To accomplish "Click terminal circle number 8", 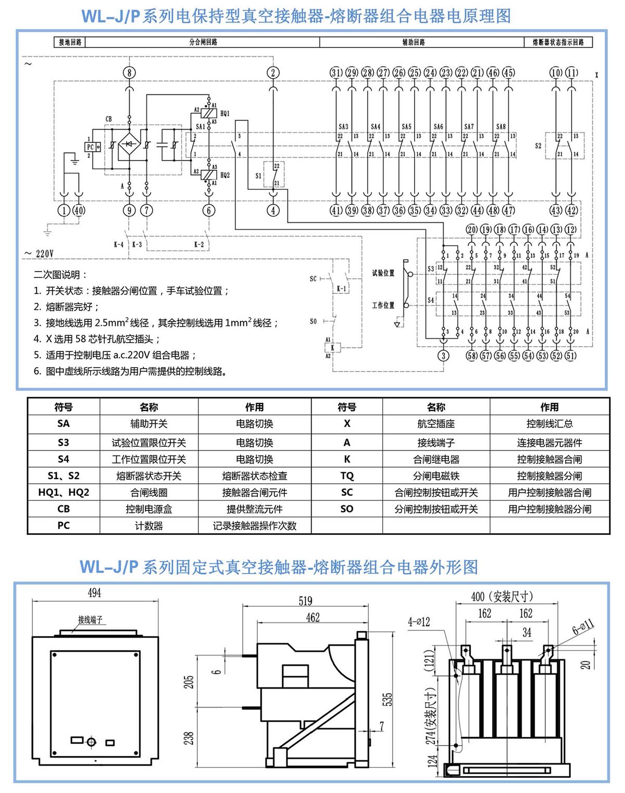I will point(130,73).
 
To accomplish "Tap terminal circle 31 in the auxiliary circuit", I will point(336,73).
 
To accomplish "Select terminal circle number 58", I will point(472,356).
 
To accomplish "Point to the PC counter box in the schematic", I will point(90,148).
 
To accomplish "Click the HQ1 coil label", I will point(225,113).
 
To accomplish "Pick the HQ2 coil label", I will point(225,175).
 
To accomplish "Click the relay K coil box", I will point(332,348).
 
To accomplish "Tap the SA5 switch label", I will point(406,127).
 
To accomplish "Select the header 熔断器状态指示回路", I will point(558,42).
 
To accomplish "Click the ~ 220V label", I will point(39,254).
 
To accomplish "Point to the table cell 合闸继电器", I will point(436,459).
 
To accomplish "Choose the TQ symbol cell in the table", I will point(347,476).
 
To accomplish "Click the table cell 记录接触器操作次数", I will point(255,526).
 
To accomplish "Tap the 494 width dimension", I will point(94,593).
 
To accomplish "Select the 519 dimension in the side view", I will point(306,601).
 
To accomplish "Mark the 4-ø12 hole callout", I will point(419,621).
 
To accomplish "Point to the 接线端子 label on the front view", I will point(91,620).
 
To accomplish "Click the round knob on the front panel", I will point(92,741).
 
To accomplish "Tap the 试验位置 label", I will point(383,273).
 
